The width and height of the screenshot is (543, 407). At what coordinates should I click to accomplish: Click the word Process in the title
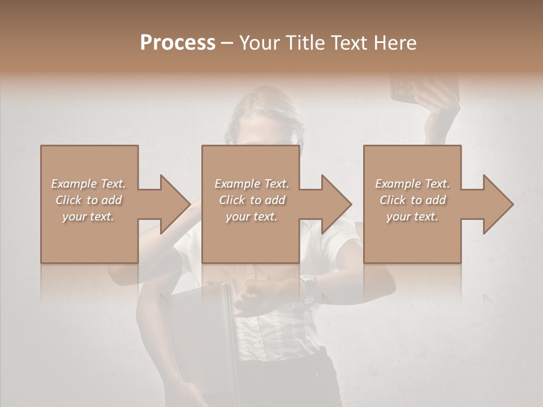178,42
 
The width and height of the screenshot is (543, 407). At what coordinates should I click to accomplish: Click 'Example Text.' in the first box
88,184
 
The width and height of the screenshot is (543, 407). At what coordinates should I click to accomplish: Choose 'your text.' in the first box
88,217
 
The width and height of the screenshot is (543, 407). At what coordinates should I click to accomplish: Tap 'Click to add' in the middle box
252,200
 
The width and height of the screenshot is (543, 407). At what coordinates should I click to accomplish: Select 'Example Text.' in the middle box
252,184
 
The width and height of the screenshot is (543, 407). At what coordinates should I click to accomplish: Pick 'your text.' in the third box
412,217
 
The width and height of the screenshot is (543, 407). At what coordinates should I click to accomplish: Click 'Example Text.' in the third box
412,184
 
